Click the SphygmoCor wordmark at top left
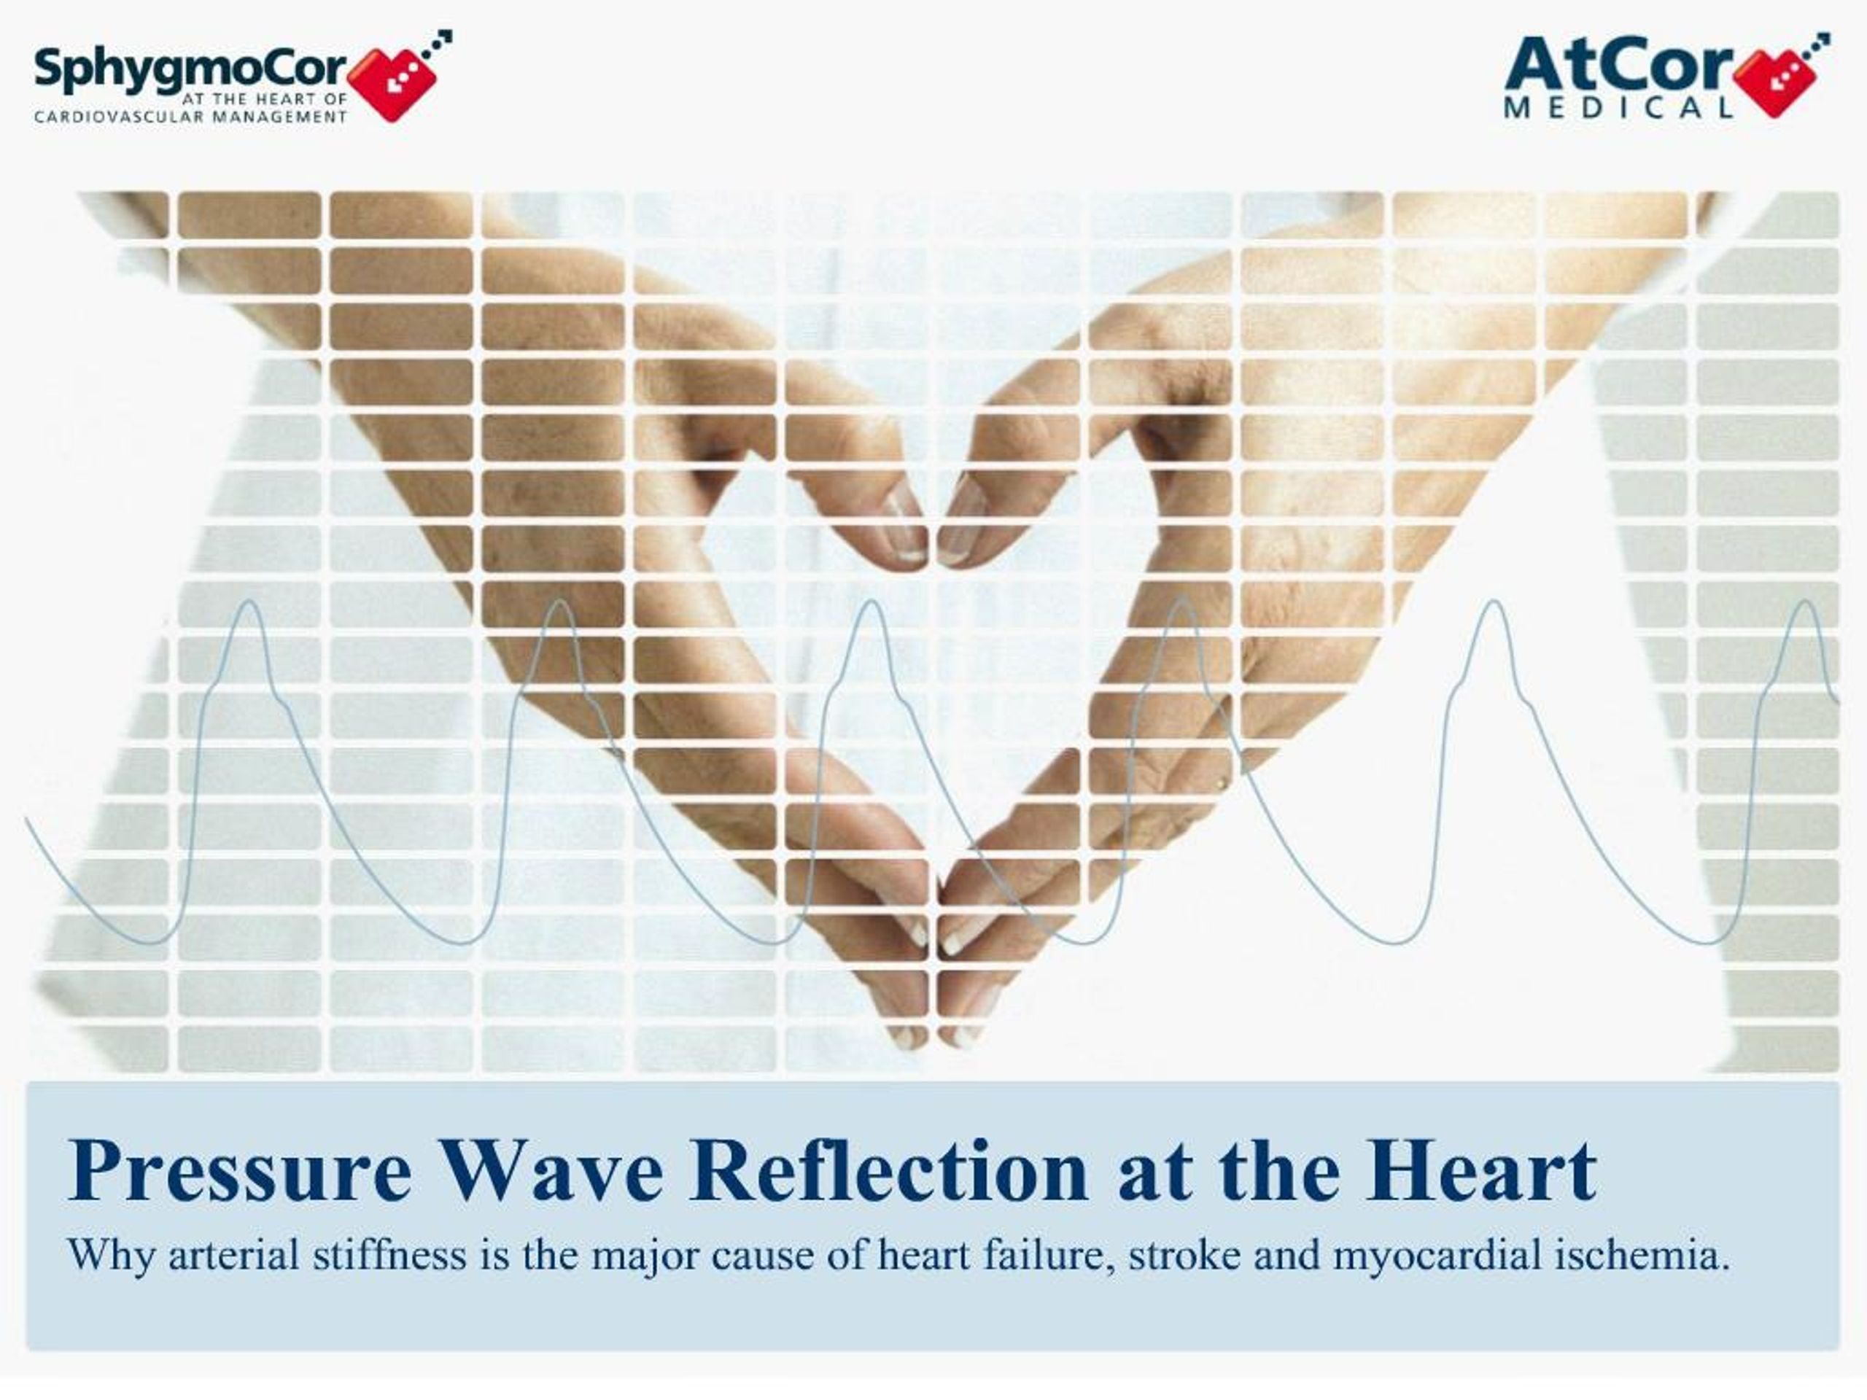(x=190, y=70)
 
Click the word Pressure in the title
(x=241, y=1171)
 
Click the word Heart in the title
(x=1481, y=1171)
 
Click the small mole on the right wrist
(x=1220, y=785)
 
